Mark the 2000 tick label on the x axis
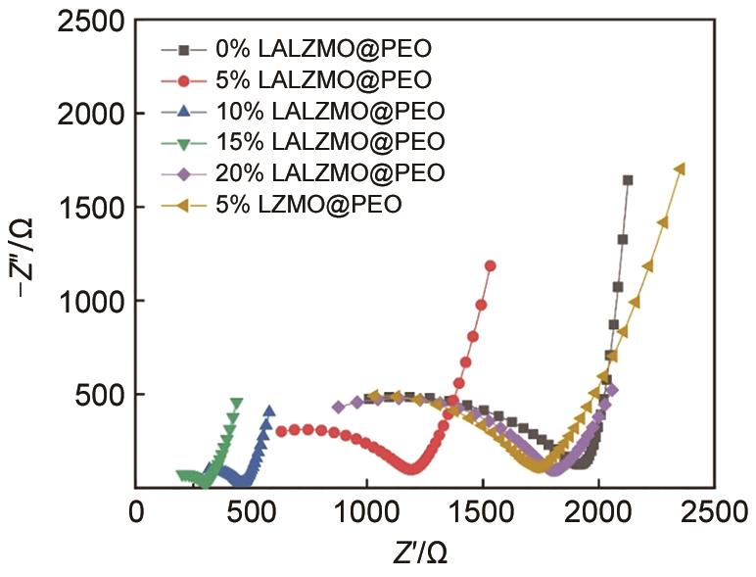(x=596, y=512)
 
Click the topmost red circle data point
(x=491, y=265)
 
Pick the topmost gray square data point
(x=628, y=180)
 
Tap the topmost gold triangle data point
(x=680, y=168)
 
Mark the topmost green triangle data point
(x=236, y=403)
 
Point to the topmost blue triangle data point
(x=269, y=411)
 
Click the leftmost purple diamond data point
(x=339, y=407)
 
